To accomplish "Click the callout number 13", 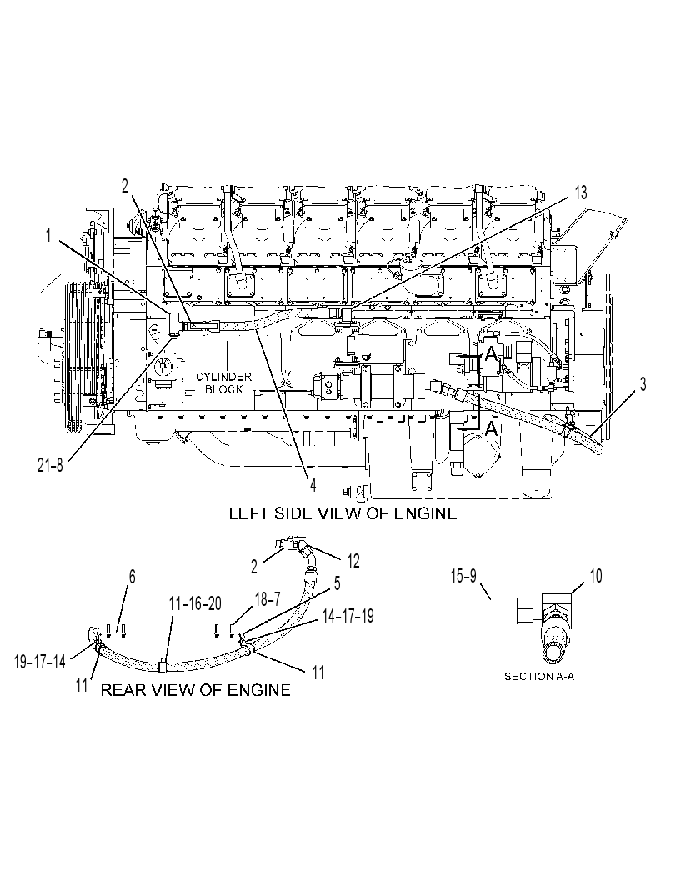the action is (580, 193).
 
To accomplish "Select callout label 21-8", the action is (51, 466).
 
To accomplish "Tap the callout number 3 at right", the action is (643, 384).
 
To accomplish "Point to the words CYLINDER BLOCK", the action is (223, 383).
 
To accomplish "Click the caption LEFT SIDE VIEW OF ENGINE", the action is (343, 513).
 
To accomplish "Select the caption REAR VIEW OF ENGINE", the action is (196, 690).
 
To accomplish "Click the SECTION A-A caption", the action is (539, 677).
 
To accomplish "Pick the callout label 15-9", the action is (463, 576).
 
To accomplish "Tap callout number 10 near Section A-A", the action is (595, 576).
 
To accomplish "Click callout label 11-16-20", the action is (195, 603).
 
